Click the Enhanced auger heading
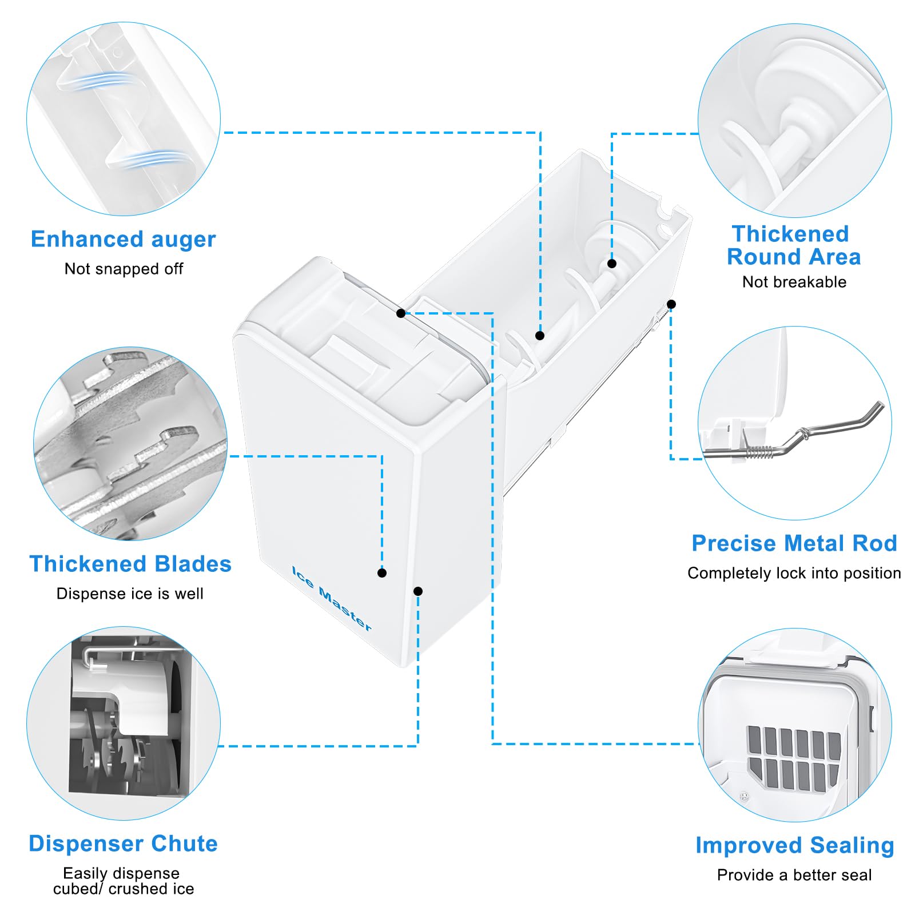[x=123, y=239]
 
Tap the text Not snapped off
[x=124, y=269]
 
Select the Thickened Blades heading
[x=130, y=564]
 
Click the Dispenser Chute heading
[x=123, y=844]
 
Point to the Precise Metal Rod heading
[x=794, y=543]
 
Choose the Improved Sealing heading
[x=794, y=845]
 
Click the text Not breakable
[x=794, y=282]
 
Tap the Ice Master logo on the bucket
[x=332, y=598]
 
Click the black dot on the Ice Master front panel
[x=382, y=573]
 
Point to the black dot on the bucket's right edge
[x=671, y=304]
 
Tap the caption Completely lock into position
[x=794, y=573]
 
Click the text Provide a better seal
[x=794, y=875]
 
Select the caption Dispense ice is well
[x=130, y=594]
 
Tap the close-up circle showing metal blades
[x=130, y=444]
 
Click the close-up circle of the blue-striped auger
[x=124, y=119]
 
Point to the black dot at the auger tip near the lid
[x=540, y=336]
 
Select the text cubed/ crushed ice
[x=124, y=889]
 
